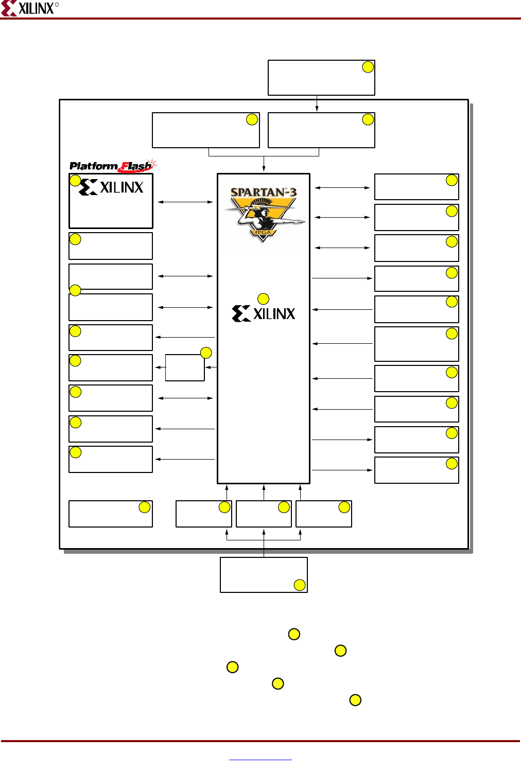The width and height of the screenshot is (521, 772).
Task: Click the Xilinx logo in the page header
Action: pyautogui.click(x=29, y=8)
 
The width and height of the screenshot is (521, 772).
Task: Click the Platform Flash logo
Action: pyautogui.click(x=113, y=166)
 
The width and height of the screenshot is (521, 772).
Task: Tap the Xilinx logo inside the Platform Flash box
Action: pyautogui.click(x=111, y=187)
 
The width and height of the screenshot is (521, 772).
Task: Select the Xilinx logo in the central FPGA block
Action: pyautogui.click(x=264, y=313)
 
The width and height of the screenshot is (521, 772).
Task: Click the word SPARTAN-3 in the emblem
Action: pyautogui.click(x=263, y=192)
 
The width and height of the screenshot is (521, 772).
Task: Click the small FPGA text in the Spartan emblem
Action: pyautogui.click(x=263, y=233)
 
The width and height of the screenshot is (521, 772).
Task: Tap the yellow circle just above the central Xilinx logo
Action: pyautogui.click(x=263, y=299)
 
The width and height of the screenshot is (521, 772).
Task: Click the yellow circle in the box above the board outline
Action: pyautogui.click(x=368, y=67)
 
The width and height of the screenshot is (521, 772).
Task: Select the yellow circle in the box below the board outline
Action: pyautogui.click(x=300, y=585)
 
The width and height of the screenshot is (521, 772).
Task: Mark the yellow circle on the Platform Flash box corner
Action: pyautogui.click(x=75, y=180)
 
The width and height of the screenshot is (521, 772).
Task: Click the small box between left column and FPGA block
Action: pyautogui.click(x=185, y=367)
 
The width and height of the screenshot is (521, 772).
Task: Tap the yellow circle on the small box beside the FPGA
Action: pyautogui.click(x=206, y=353)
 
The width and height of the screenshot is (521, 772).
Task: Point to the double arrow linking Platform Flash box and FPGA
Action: pyautogui.click(x=185, y=202)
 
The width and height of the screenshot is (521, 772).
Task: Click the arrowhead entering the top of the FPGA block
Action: pyautogui.click(x=264, y=169)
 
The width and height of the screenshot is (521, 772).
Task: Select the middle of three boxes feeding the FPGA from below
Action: pyautogui.click(x=264, y=514)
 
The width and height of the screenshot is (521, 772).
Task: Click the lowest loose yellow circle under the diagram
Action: pyautogui.click(x=355, y=700)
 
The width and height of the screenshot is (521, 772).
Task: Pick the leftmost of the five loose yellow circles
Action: pyautogui.click(x=233, y=667)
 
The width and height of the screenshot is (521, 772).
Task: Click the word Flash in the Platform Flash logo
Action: pyautogui.click(x=136, y=166)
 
